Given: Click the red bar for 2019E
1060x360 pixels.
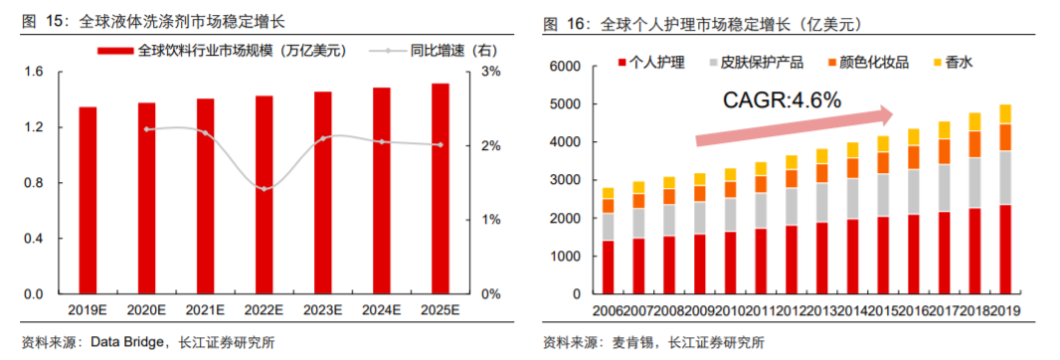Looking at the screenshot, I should click(88, 200).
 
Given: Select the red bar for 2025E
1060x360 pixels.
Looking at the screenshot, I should click(440, 189).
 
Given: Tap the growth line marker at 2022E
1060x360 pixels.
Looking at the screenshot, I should click(264, 188).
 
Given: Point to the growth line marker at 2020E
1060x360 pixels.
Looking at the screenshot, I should click(147, 129).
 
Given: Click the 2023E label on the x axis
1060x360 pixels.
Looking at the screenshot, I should click(322, 309).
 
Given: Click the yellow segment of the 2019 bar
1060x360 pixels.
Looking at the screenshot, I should click(1005, 113).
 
